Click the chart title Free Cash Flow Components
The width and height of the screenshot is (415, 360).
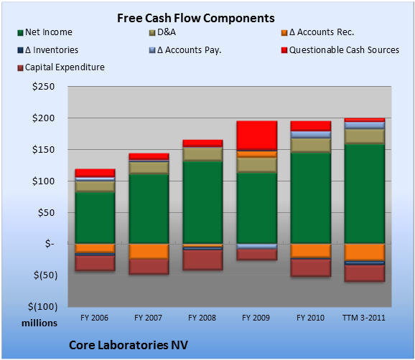click(196, 18)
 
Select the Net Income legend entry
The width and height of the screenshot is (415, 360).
click(45, 32)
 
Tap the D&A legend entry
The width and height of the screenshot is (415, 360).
click(162, 32)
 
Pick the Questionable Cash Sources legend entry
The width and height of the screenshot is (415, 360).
click(340, 50)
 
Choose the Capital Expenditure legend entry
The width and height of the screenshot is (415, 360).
click(61, 67)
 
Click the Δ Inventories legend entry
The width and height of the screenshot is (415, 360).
click(48, 50)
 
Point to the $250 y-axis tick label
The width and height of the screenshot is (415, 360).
click(43, 87)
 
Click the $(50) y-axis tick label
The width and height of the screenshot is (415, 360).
click(45, 275)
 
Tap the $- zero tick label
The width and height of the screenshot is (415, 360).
click(50, 243)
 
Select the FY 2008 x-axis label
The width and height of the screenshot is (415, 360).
click(202, 318)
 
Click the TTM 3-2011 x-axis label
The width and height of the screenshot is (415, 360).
click(364, 318)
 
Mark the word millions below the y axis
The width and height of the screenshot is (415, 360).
click(39, 323)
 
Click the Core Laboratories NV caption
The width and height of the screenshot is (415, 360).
click(129, 345)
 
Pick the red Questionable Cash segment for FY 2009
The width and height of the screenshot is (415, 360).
click(257, 136)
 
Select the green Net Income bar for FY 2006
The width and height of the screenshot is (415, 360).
click(95, 218)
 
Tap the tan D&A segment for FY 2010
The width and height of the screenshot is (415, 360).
click(311, 146)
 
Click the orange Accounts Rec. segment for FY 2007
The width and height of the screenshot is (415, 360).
click(149, 252)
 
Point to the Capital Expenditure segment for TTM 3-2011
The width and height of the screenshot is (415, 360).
click(365, 273)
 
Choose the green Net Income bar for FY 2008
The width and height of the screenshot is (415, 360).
click(202, 202)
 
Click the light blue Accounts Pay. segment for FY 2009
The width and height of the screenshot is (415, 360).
click(257, 247)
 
